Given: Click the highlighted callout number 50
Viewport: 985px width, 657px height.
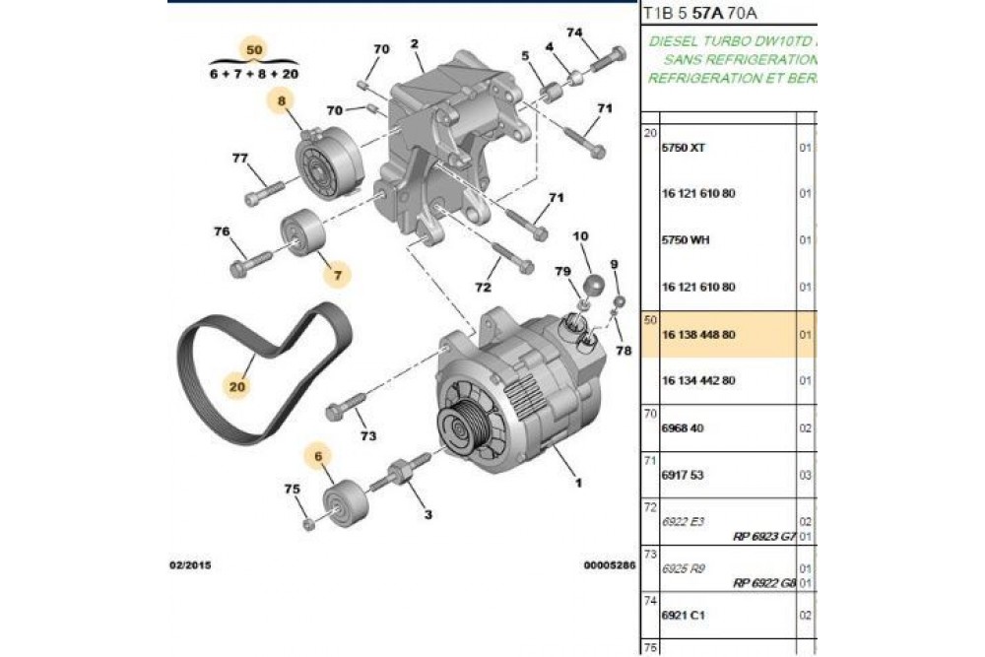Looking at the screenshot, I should pyautogui.click(x=254, y=48).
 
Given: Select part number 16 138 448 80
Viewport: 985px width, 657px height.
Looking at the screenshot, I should pyautogui.click(x=698, y=335).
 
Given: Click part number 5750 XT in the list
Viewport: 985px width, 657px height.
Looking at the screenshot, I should pyautogui.click(x=684, y=148).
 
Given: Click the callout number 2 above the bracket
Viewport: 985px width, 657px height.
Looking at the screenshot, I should pyautogui.click(x=415, y=43).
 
